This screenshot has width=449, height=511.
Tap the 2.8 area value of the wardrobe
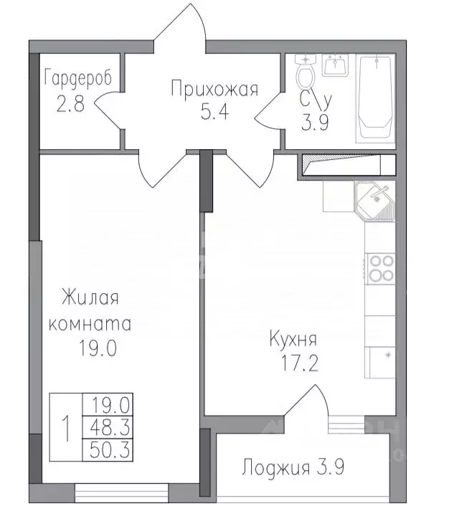click(70, 104)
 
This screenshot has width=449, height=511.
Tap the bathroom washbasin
click(334, 65)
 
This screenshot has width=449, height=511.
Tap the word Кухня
click(293, 338)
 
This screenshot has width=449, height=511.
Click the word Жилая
click(89, 297)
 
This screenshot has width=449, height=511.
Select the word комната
click(89, 323)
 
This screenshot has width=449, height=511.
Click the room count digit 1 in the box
click(67, 429)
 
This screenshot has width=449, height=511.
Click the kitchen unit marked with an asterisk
click(381, 356)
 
